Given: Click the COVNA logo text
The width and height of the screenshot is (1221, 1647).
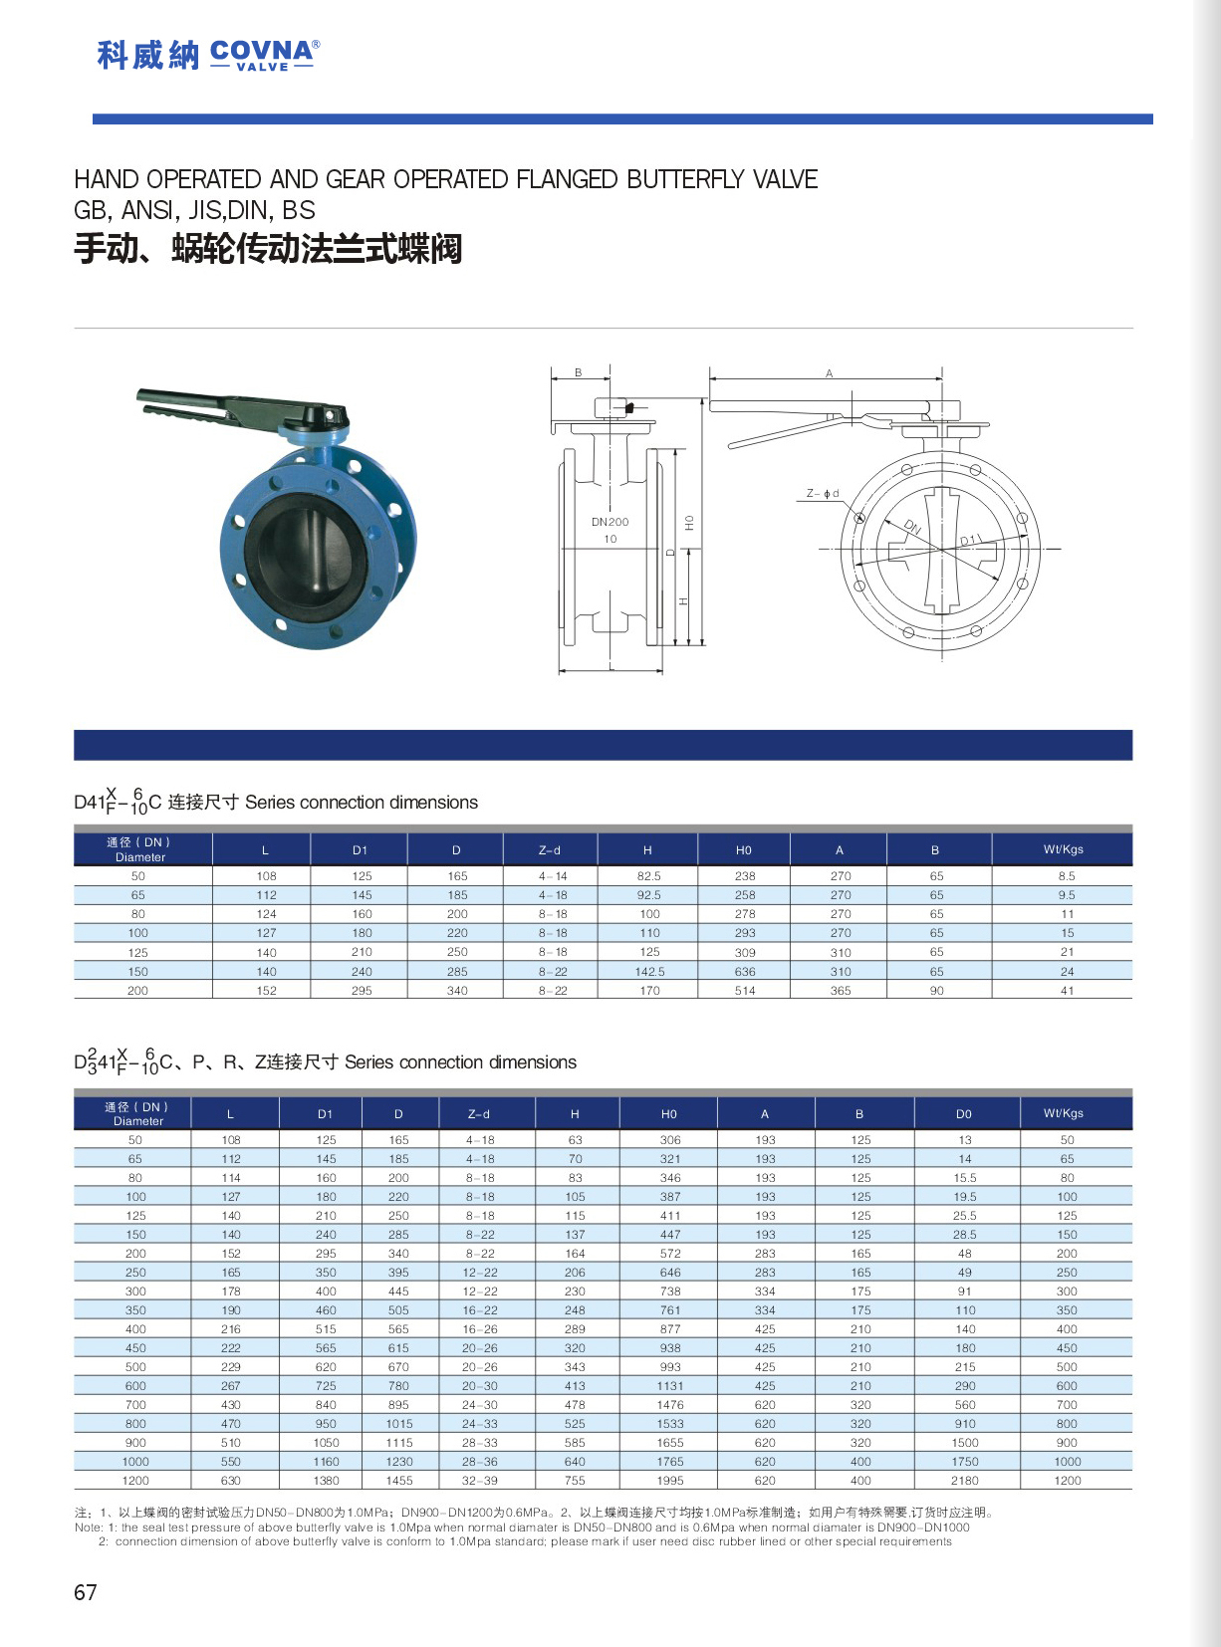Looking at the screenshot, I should [x=263, y=52].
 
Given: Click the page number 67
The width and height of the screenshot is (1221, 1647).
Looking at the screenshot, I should [x=86, y=1592].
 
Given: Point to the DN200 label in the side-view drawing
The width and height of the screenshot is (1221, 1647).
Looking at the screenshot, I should [x=610, y=522].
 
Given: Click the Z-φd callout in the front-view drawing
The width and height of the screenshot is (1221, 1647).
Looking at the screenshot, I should [x=823, y=493].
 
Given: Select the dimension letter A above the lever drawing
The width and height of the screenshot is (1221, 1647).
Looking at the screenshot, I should [x=829, y=373].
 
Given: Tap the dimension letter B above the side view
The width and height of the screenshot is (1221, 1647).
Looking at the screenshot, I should [x=579, y=372].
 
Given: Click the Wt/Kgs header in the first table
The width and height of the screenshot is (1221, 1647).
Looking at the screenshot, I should [x=1063, y=849].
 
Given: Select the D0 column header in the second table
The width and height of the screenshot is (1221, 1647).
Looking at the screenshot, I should [x=963, y=1113].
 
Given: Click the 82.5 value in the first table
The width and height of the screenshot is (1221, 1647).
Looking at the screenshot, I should [x=649, y=876].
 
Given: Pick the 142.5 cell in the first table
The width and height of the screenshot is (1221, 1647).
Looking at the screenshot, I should [x=649, y=972].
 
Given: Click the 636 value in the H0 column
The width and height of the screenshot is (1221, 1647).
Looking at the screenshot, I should [x=745, y=972].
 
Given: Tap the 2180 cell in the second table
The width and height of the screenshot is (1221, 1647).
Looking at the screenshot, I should [x=964, y=1481].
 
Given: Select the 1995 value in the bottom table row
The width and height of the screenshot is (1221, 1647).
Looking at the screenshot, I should [x=670, y=1481].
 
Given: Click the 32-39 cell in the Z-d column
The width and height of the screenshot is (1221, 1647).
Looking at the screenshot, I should [x=479, y=1481].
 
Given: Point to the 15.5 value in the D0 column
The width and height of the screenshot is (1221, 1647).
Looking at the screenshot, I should [x=964, y=1178].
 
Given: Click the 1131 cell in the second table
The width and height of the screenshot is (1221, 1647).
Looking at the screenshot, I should [x=670, y=1386].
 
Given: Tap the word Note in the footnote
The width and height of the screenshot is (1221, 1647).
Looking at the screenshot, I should [x=88, y=1528].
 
